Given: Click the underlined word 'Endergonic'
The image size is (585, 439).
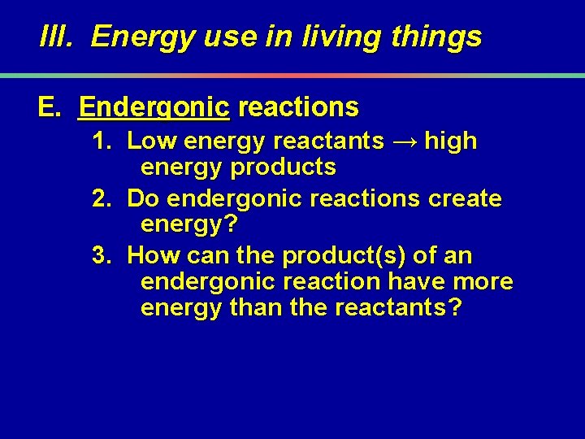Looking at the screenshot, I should [155, 106].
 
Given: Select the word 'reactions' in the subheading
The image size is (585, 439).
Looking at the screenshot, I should [299, 106].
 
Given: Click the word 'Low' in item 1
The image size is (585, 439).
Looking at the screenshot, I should [152, 141].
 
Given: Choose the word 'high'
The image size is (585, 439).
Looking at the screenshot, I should [451, 141].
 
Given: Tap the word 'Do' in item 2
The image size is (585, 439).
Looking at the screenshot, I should [141, 198].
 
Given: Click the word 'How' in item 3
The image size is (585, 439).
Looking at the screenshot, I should [154, 256].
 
